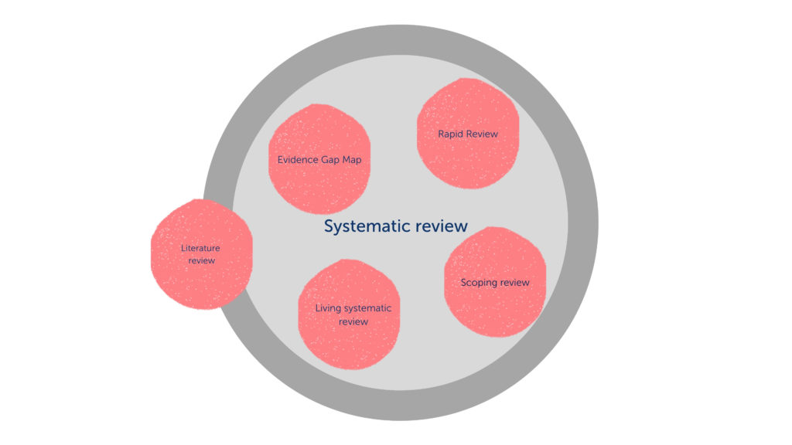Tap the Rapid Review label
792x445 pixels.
[468, 134]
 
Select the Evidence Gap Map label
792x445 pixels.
[319, 160]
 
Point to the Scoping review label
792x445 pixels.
[495, 282]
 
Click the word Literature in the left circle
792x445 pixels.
[201, 248]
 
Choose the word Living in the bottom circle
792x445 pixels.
[328, 308]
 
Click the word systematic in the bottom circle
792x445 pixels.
[367, 308]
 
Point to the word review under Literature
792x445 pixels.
[201, 260]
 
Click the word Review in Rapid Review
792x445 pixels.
[483, 134]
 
